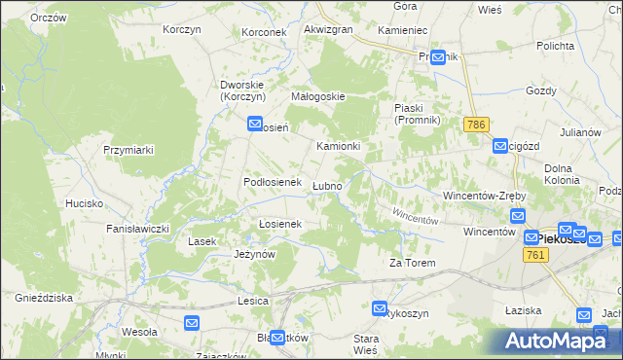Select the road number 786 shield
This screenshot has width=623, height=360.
[476, 126]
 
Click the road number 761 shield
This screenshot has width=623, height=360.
[533, 254]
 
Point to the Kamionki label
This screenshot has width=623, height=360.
[339, 146]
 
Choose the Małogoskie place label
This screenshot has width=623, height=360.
[319, 96]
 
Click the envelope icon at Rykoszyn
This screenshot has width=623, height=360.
[380, 308]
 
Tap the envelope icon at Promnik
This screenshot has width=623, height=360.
[438, 56]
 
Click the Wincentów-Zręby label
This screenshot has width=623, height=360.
[485, 195]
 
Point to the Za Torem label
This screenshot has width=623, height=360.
[410, 264]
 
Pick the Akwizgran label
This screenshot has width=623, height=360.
[328, 30]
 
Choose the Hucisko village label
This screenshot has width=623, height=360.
[85, 203]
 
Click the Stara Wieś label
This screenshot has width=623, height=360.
[365, 343]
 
